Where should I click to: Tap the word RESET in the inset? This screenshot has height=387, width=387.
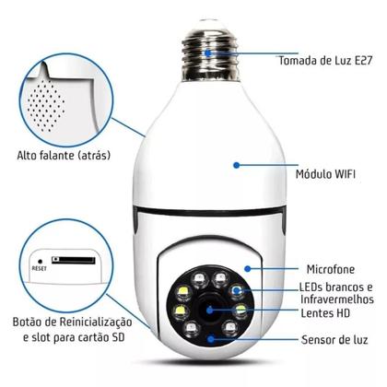coord(40,269)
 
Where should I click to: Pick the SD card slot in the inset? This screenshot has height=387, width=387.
coord(74,261)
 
